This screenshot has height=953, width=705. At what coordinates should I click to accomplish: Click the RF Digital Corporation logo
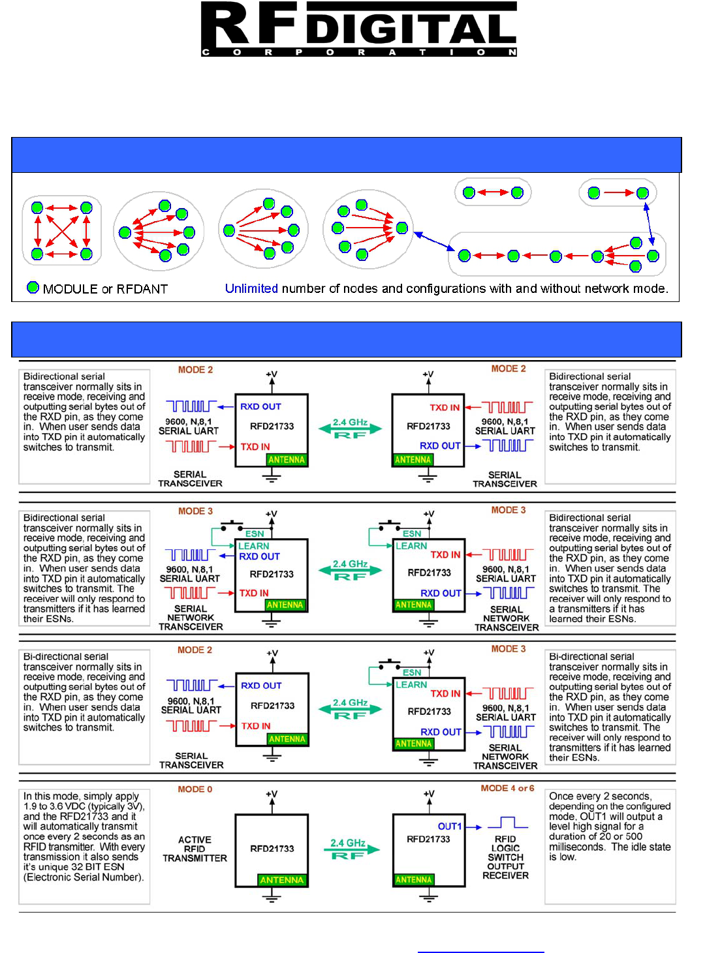click(x=358, y=29)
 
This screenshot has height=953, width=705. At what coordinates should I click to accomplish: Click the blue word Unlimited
click(x=251, y=288)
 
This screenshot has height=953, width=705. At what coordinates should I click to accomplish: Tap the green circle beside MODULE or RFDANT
click(x=33, y=288)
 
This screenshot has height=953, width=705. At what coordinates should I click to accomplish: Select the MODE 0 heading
click(x=195, y=789)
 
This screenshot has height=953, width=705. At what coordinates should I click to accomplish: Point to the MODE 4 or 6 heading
click(x=507, y=788)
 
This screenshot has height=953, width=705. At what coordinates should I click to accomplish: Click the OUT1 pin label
click(x=449, y=826)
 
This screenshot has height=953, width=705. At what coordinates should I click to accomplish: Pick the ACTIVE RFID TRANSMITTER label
click(x=195, y=849)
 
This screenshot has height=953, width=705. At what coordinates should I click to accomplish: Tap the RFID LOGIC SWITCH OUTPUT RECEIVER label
click(x=505, y=857)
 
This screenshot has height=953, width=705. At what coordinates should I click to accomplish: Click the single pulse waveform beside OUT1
click(x=512, y=823)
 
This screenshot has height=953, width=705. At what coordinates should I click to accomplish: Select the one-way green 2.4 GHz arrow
click(x=352, y=849)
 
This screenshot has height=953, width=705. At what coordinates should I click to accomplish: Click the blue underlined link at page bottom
click(x=480, y=951)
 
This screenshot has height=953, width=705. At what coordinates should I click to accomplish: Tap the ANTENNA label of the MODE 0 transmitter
click(x=281, y=880)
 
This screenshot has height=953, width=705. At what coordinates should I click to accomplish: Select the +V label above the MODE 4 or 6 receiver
click(x=429, y=794)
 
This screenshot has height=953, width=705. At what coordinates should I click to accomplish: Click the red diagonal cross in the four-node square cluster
click(x=62, y=230)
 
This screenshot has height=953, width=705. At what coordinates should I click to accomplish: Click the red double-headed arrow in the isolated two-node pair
click(x=493, y=192)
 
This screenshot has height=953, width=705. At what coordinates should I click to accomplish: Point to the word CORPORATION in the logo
click(x=358, y=52)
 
